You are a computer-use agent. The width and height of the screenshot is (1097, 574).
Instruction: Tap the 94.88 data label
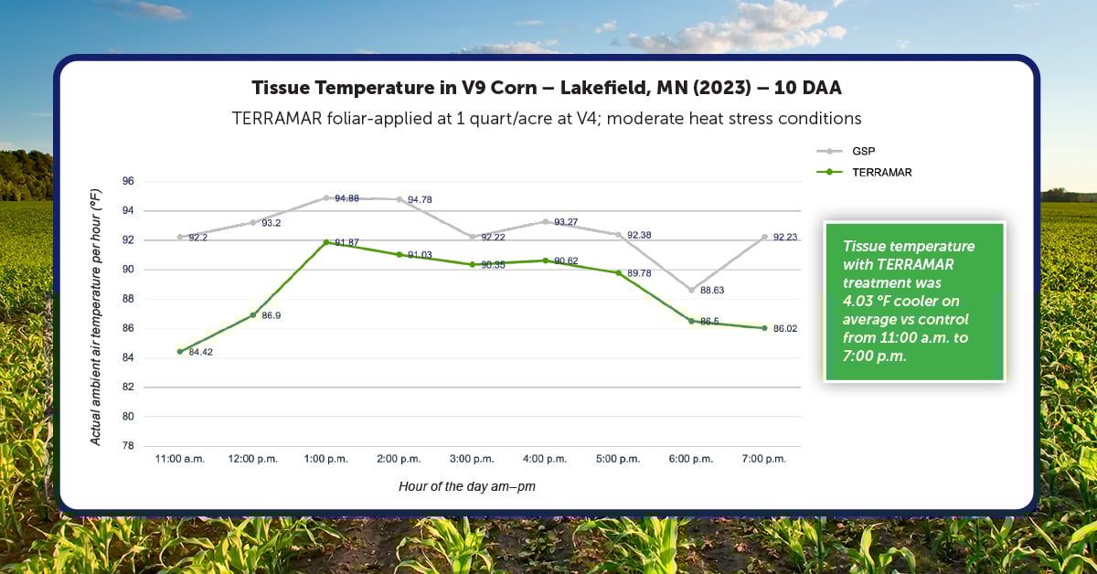pyautogui.click(x=346, y=198)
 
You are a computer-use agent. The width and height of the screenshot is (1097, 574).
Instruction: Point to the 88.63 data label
pyautogui.click(x=712, y=290)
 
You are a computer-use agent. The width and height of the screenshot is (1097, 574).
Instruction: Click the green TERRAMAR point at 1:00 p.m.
pyautogui.click(x=326, y=242)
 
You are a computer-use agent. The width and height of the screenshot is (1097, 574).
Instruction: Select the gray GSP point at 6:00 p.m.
pyautogui.click(x=692, y=289)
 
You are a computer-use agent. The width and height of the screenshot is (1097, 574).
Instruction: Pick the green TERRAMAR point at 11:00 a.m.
pyautogui.click(x=180, y=351)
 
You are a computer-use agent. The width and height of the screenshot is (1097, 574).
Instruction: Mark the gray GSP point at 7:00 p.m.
pyautogui.click(x=765, y=237)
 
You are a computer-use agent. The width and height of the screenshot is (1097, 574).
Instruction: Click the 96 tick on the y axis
pyautogui.click(x=128, y=181)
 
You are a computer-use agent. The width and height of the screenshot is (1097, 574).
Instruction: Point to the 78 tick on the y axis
pyautogui.click(x=128, y=446)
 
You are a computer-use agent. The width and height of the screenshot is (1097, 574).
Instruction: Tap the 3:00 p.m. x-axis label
pyautogui.click(x=472, y=459)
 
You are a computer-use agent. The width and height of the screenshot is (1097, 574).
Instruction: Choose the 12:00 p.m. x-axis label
pyautogui.click(x=252, y=459)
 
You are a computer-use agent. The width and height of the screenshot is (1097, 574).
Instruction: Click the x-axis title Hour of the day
pyautogui.click(x=466, y=487)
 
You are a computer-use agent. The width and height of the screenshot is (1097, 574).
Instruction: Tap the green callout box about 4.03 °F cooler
pyautogui.click(x=914, y=302)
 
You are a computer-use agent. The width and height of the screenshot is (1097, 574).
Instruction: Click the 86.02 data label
pyautogui.click(x=785, y=328)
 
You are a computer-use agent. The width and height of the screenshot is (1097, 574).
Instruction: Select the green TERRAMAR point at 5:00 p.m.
pyautogui.click(x=619, y=272)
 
